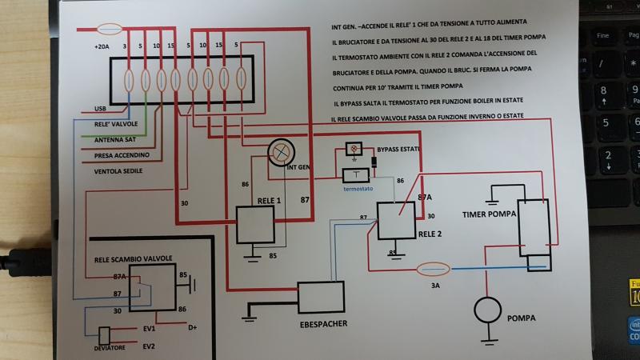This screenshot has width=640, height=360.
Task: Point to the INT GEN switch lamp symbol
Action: pos(281,150)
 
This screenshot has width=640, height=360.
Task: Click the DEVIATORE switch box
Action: pos(105,335)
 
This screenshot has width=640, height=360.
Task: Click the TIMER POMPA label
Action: pos(489,214)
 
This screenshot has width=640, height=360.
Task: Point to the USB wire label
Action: pos(100,108)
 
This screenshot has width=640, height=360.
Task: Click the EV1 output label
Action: pos(150,329)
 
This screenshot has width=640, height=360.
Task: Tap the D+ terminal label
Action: pos(192,328)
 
